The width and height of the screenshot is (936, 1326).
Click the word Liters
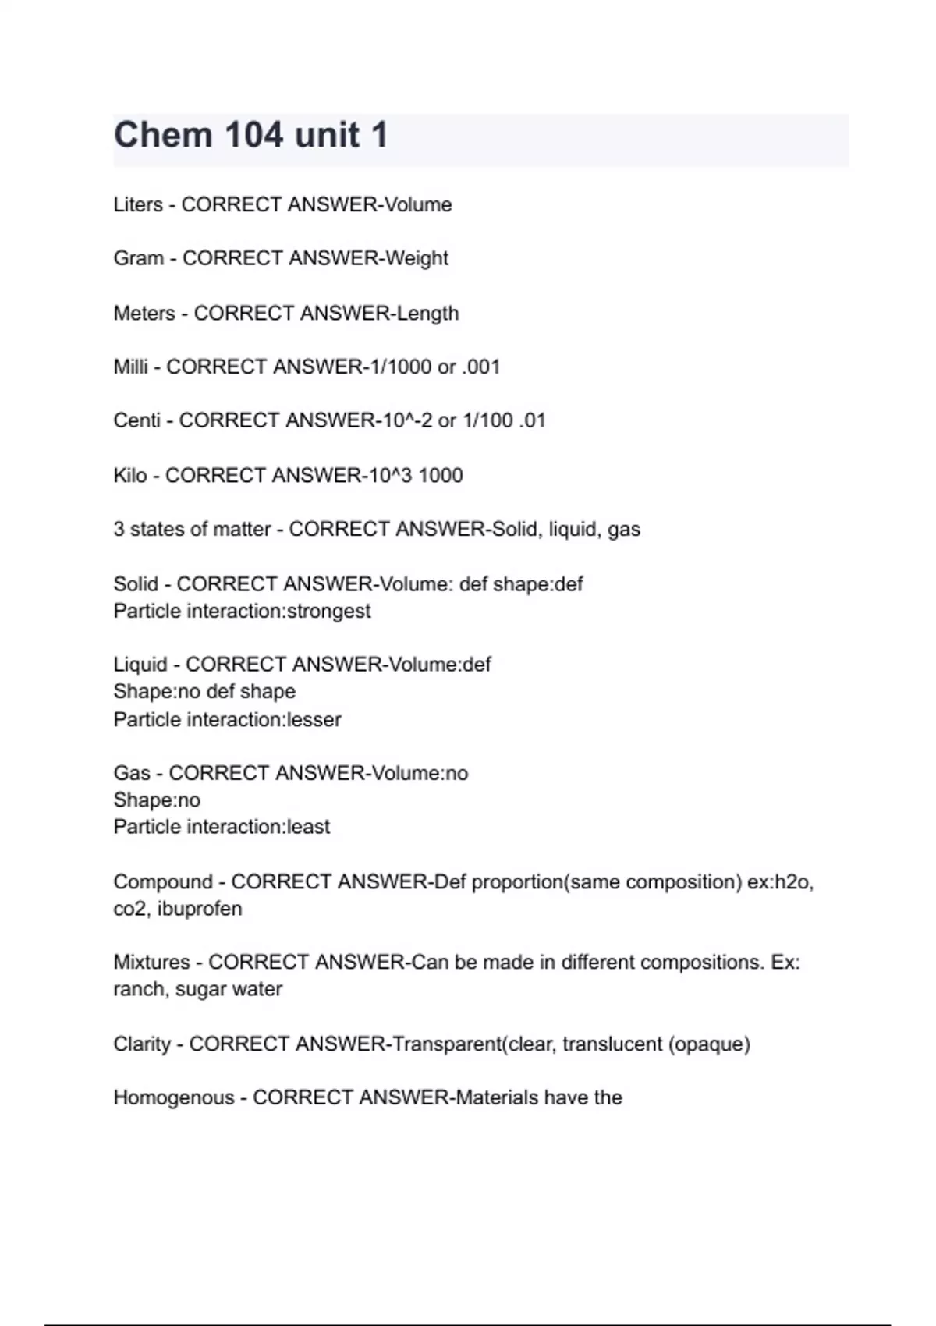(x=138, y=204)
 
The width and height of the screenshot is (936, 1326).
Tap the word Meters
(x=144, y=313)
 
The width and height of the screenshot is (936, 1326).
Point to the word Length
(x=427, y=313)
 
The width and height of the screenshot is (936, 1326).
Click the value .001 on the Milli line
(x=480, y=367)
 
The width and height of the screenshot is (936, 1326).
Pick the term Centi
(x=136, y=420)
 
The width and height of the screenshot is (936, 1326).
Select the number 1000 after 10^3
(x=441, y=475)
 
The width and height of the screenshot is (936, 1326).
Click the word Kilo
(x=129, y=475)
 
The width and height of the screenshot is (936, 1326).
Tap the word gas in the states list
(x=624, y=530)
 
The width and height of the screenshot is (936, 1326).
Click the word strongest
(x=328, y=611)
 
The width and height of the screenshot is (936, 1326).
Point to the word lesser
(x=314, y=719)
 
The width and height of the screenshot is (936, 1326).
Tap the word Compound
(x=163, y=882)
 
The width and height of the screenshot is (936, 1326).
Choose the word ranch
(x=138, y=989)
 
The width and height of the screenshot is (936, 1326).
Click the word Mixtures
(x=151, y=963)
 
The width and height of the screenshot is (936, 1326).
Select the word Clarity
(x=142, y=1044)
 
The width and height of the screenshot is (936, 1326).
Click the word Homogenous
(x=173, y=1097)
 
